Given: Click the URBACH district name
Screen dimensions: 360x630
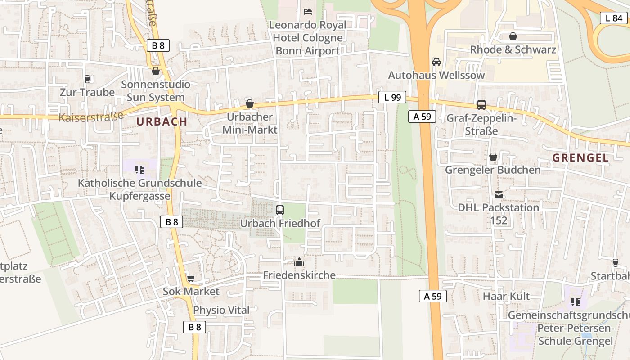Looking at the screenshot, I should pos(162,121).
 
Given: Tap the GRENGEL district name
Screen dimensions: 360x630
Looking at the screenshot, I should pos(580,158).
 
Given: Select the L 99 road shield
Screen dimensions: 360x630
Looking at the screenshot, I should pos(392,97).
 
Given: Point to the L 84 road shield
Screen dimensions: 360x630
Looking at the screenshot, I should pos(613,18).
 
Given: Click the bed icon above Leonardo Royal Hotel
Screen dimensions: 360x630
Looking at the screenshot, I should pos(308,11).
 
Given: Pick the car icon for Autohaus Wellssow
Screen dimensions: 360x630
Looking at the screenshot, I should pos(436,62).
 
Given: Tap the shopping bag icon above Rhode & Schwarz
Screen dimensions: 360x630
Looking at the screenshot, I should pos(513,36).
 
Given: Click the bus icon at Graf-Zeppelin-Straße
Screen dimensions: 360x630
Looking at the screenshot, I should pos(481,105).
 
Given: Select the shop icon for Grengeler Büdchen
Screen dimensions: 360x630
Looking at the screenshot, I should pos(493,157).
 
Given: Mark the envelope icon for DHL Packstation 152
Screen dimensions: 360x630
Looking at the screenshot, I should pos(499,194).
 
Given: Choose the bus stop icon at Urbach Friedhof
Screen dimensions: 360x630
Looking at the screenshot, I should pos(280,210).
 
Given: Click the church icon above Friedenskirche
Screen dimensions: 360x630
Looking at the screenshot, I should pos(299,261).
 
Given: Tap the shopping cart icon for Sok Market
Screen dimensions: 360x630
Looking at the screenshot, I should pos(191,278).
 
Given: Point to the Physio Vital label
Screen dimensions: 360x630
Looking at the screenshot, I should pos(221,310).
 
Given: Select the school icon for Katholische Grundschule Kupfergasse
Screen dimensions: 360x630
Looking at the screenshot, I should pos(139,170).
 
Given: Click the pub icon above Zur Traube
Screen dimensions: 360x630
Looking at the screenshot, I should pos(87,79).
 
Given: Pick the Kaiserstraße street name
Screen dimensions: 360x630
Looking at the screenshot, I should pos(91,117).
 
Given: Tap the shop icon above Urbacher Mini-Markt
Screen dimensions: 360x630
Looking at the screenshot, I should pos(250,103).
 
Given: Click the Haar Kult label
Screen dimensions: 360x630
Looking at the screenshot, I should pos(506,296).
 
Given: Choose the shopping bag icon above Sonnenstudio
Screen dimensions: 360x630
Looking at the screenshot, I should pos(156,71).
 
